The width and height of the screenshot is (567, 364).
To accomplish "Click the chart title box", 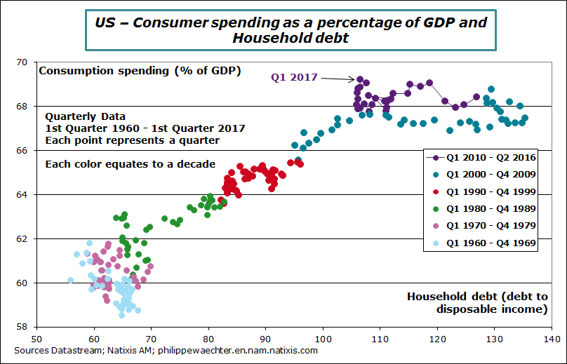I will pos(291,29).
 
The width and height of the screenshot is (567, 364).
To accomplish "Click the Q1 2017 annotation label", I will pos(295,77).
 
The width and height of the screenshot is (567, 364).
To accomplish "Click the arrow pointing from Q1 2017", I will pos(337,79).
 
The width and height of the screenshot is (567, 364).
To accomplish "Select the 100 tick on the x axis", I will pos(323,337).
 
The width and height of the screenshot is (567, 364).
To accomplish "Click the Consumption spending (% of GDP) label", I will pos(140,70).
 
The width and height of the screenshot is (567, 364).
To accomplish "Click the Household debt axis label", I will pos(477,302).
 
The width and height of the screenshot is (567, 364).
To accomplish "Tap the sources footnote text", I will pos(166,350).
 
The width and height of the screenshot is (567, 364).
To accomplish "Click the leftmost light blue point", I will pos(70,281).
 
